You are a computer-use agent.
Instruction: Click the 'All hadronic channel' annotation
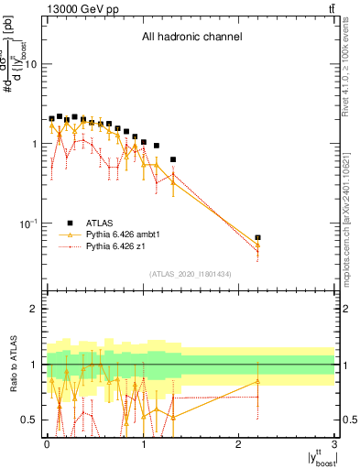pos(191,38)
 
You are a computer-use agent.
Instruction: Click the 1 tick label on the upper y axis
pos(34,144)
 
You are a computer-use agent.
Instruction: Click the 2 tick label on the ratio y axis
pos(34,309)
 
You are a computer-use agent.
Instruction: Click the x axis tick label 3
pos(334,443)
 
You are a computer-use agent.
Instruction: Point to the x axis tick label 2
pos(239,443)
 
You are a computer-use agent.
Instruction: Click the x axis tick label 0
pos(46,443)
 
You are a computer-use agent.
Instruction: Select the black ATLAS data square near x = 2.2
pos(257,238)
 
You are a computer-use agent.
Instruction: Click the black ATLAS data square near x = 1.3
pos(173,159)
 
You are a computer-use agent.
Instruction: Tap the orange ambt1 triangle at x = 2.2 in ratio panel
pos(257,381)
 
